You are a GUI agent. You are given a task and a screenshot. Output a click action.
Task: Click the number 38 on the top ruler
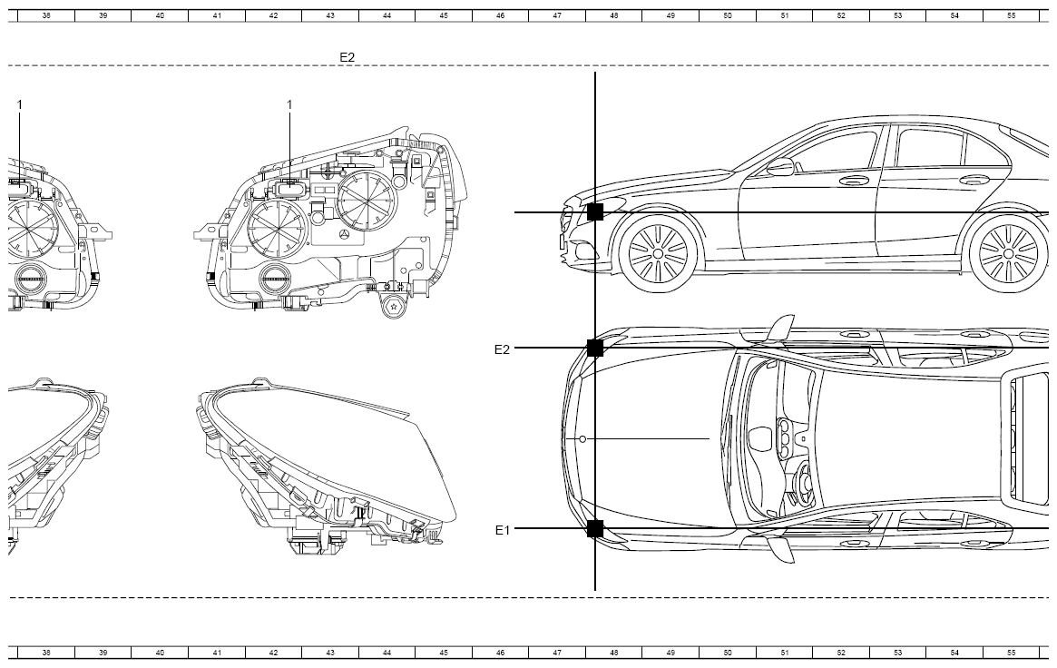click(46, 15)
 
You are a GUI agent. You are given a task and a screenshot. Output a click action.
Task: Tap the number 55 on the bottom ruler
click(1011, 653)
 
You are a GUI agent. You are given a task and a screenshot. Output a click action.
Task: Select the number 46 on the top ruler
click(500, 15)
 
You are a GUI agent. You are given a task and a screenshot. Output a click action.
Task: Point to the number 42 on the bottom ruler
click(273, 653)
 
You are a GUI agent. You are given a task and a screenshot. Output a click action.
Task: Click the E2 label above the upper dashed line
click(347, 57)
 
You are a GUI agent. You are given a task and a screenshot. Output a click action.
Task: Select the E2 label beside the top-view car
click(503, 349)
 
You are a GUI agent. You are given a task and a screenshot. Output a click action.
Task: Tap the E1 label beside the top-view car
click(503, 530)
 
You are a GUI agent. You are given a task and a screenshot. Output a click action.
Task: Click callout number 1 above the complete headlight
click(289, 104)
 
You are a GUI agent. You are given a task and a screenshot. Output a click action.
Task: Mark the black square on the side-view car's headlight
click(595, 212)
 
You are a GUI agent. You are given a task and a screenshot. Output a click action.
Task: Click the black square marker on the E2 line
click(595, 348)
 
